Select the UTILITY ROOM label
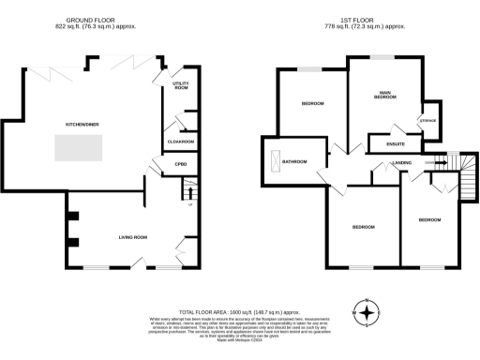coord(181,86)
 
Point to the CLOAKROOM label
coord(180,142)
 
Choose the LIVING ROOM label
coord(133,237)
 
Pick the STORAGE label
coord(428,120)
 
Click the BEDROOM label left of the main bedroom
coord(312,103)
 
